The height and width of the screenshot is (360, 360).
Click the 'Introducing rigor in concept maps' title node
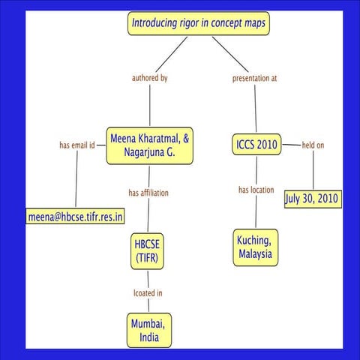tap(198, 23)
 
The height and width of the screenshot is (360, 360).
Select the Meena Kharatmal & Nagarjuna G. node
tap(151, 145)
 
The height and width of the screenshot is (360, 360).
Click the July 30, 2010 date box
tap(313, 199)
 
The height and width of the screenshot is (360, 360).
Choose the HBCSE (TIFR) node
tap(148, 250)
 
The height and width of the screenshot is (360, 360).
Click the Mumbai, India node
tap(149, 331)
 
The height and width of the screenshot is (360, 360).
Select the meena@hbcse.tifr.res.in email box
tap(76, 217)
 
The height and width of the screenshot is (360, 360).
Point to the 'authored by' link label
tap(150, 78)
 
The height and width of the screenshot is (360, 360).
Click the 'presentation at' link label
tap(255, 78)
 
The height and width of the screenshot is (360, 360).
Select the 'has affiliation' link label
tap(148, 193)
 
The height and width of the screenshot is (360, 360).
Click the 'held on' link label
tap(313, 145)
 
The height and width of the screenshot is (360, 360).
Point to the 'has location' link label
tap(256, 190)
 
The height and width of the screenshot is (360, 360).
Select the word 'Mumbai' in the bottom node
tap(149, 323)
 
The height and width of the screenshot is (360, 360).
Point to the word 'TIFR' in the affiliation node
tap(148, 258)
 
